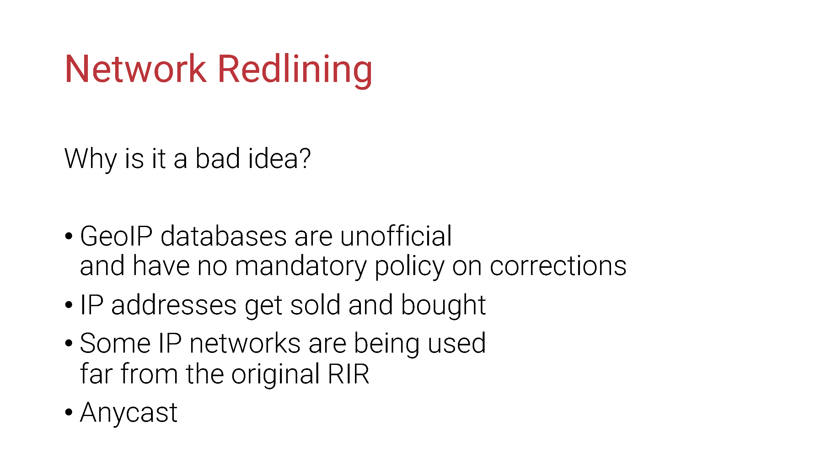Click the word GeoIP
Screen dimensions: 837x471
click(x=116, y=236)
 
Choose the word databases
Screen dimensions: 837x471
click(x=224, y=236)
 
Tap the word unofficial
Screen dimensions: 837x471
click(x=396, y=236)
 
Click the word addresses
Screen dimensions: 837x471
click(x=174, y=305)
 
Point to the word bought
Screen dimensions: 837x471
click(x=443, y=306)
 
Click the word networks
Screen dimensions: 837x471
click(x=245, y=343)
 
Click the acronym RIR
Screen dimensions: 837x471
click(x=348, y=374)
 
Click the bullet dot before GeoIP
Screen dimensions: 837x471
click(x=68, y=236)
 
